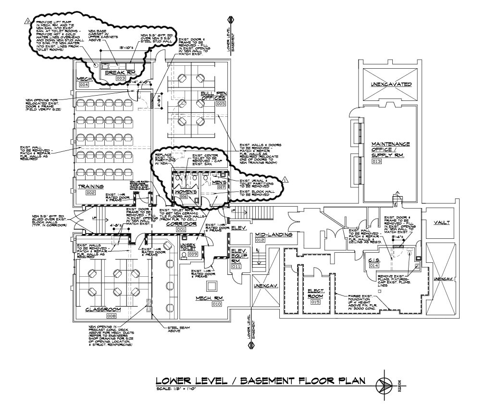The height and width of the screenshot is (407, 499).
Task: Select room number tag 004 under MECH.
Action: pyautogui.click(x=84, y=85)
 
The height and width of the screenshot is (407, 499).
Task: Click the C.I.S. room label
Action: pyautogui.click(x=374, y=260)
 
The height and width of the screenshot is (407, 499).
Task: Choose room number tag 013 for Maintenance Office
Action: pyautogui.click(x=376, y=161)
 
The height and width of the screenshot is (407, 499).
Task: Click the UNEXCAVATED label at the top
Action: pyautogui.click(x=389, y=85)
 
